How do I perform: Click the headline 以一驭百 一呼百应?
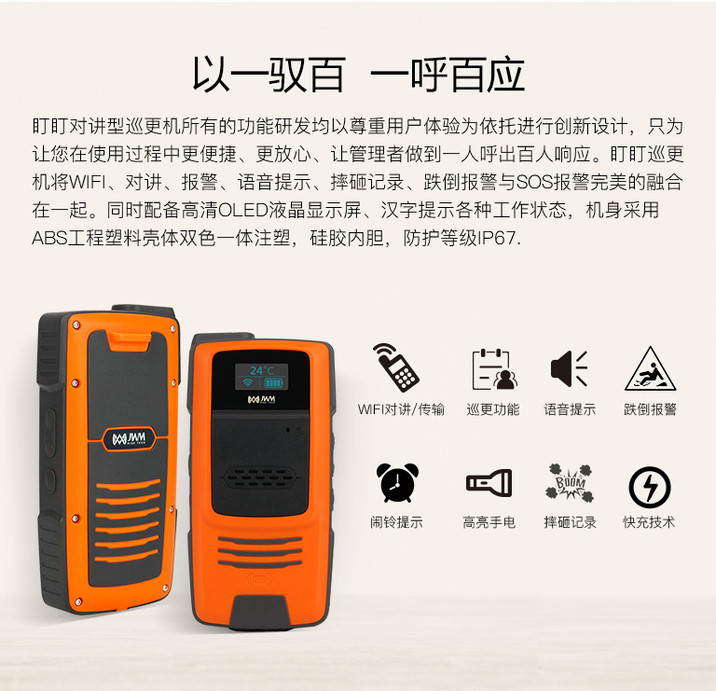pyautogui.click(x=358, y=75)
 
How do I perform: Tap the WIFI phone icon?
pyautogui.click(x=395, y=367)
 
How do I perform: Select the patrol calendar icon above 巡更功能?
pyautogui.click(x=493, y=369)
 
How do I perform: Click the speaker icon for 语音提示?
pyautogui.click(x=569, y=368)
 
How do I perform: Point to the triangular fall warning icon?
pyautogui.click(x=650, y=368)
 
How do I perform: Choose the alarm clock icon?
pyautogui.click(x=397, y=483)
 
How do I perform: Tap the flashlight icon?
pyautogui.click(x=489, y=482)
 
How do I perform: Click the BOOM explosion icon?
pyautogui.click(x=569, y=482)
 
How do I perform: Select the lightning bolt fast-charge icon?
pyautogui.click(x=649, y=487)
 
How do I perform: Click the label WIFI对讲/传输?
pyautogui.click(x=401, y=409)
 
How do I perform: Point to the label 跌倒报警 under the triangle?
pyautogui.click(x=650, y=409)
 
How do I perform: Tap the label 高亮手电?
pyautogui.click(x=489, y=522)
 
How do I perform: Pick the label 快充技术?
pyautogui.click(x=649, y=522)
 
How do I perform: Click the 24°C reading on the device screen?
pyautogui.click(x=261, y=370)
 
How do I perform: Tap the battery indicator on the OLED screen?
pyautogui.click(x=273, y=382)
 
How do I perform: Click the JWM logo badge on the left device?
pyautogui.click(x=130, y=439)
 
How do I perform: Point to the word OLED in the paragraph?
pyautogui.click(x=243, y=210)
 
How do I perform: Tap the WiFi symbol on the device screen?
pyautogui.click(x=247, y=382)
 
